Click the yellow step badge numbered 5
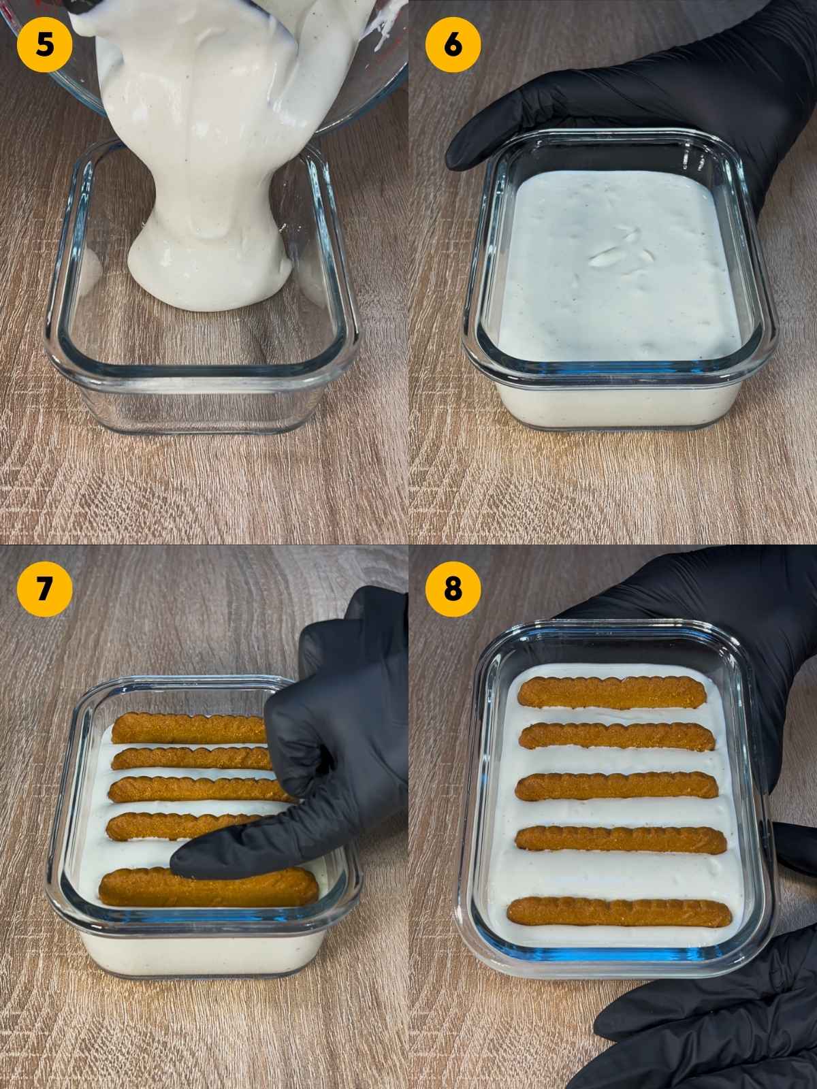[44, 43]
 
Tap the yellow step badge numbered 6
[453, 43]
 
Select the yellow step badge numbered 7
[44, 587]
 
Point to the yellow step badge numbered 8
[453, 587]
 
